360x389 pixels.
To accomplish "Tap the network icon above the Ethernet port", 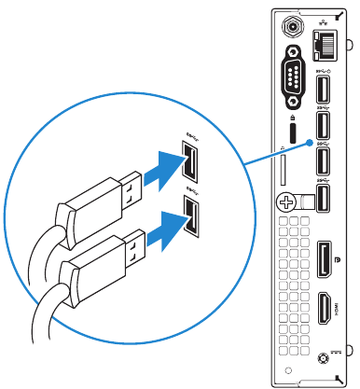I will pyautogui.click(x=325, y=21).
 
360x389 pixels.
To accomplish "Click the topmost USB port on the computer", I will pyautogui.click(x=323, y=89).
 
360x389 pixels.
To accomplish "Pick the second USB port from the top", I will pyautogui.click(x=323, y=125).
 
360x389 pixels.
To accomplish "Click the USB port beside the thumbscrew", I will pyautogui.click(x=323, y=198).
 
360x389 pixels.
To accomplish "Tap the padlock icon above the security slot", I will pyautogui.click(x=295, y=118).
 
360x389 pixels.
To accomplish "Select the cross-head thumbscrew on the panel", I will pyautogui.click(x=285, y=200).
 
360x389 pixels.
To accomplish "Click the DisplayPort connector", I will pyautogui.click(x=324, y=257).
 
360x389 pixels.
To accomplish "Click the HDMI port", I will pyautogui.click(x=324, y=309).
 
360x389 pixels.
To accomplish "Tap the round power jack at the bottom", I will pyautogui.click(x=324, y=357).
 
